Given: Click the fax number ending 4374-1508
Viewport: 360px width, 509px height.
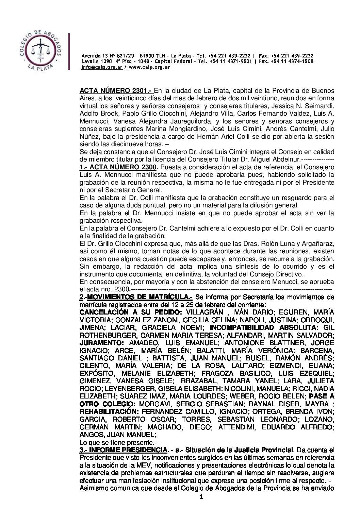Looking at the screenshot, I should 301,62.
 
